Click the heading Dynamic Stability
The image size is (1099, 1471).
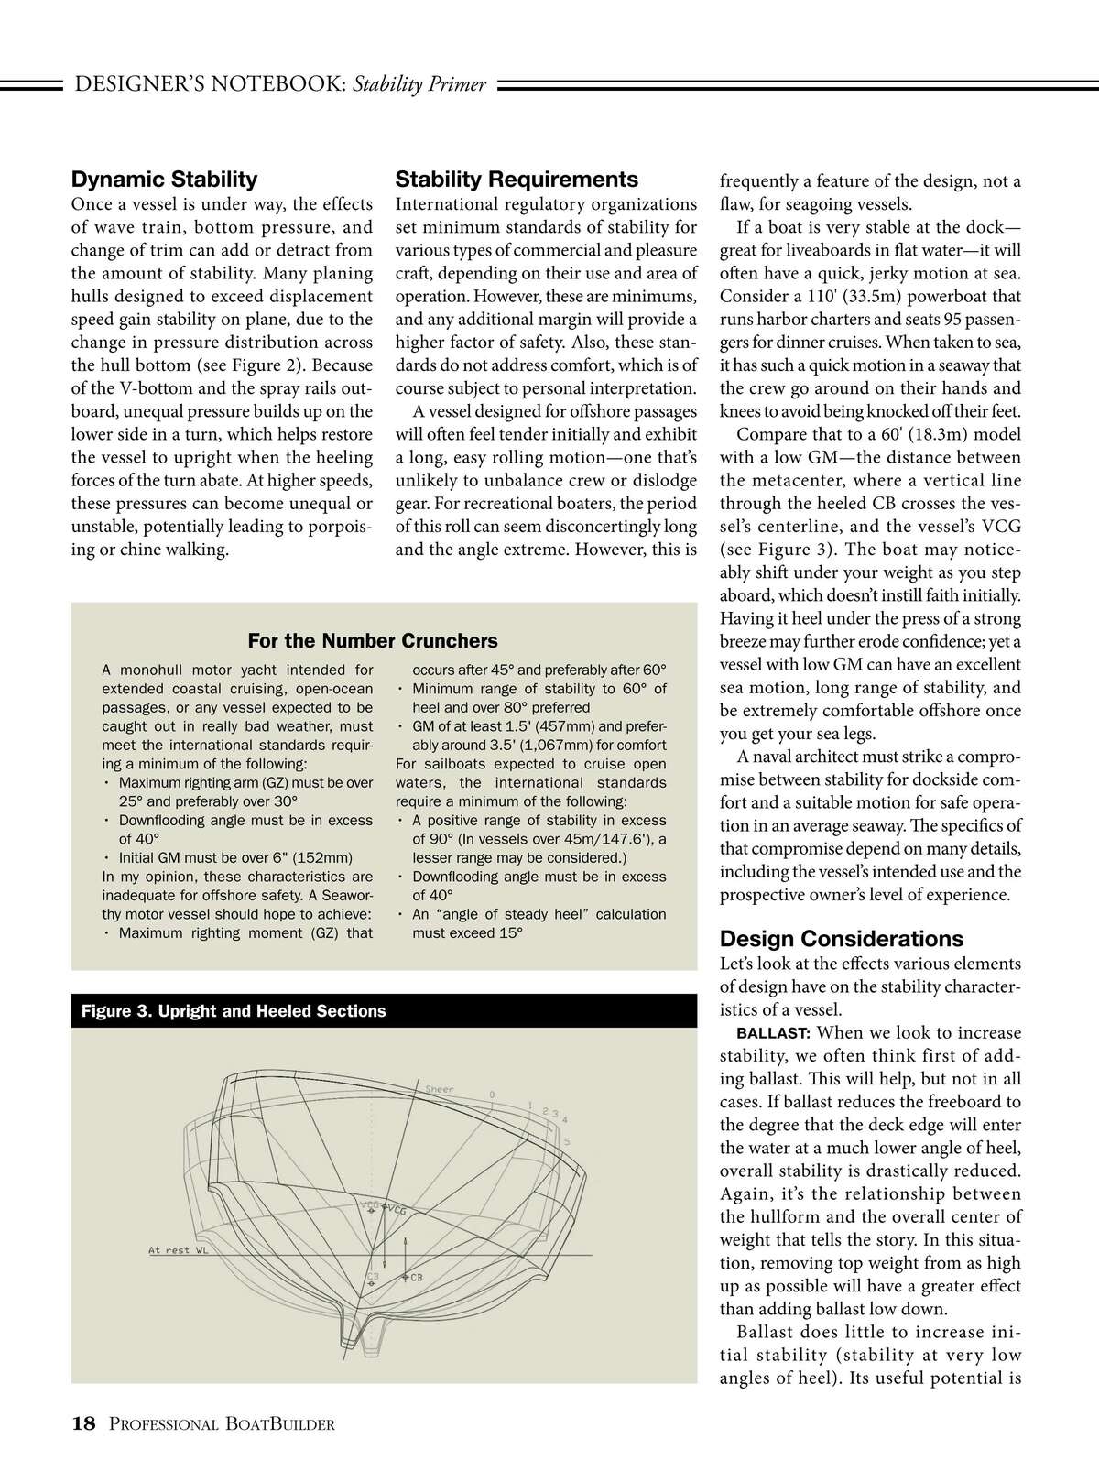(x=164, y=180)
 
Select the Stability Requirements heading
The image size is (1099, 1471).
(x=517, y=180)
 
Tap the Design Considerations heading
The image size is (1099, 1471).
(x=841, y=939)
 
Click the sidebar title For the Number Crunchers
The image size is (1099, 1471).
(x=373, y=641)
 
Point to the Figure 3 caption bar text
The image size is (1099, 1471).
(x=234, y=1011)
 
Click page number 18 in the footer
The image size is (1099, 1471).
(x=83, y=1423)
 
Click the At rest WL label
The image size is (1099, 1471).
(x=179, y=1250)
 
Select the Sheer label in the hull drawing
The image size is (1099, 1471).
(x=440, y=1090)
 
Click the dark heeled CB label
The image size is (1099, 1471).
(x=415, y=1277)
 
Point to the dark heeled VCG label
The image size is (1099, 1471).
(x=397, y=1210)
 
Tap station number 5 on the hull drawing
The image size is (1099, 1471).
(x=567, y=1141)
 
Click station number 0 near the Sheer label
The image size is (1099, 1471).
(x=492, y=1095)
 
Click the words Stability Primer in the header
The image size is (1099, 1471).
(x=419, y=85)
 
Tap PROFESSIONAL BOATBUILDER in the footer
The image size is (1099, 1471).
(x=221, y=1424)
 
